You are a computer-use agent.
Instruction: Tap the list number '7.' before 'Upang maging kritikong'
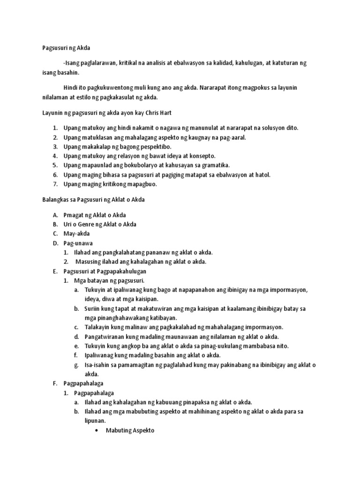coord(55,184)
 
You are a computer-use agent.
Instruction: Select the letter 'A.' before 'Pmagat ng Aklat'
coord(55,215)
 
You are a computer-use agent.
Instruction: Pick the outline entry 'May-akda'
coord(76,234)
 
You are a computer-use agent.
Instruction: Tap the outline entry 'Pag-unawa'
coord(78,243)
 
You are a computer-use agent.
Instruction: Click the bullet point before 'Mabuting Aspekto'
coord(97,430)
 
